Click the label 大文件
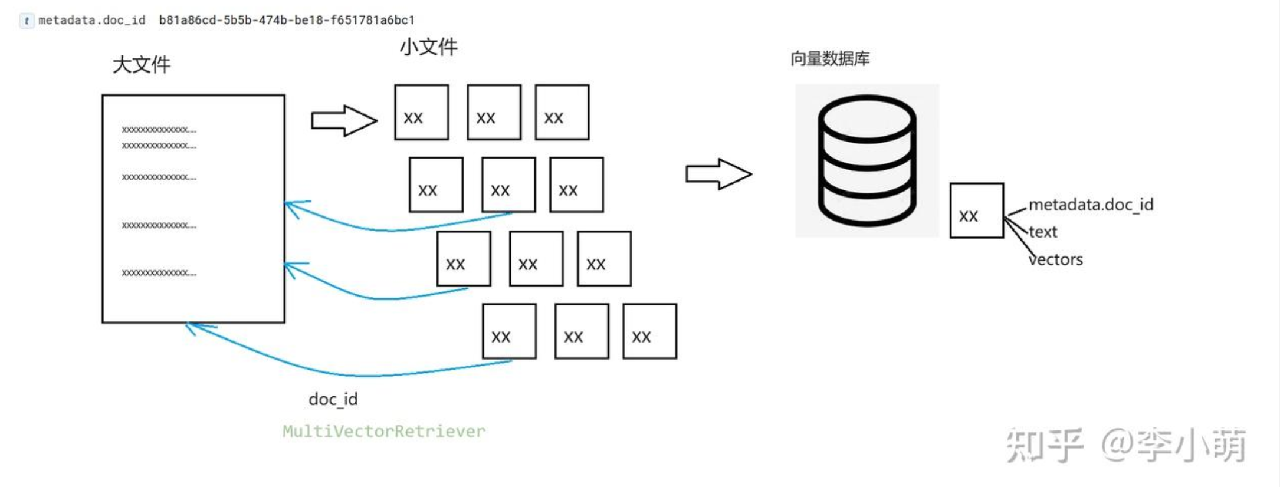click(141, 64)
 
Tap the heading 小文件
click(428, 47)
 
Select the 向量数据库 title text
click(829, 58)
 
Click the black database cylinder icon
click(867, 160)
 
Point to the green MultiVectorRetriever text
click(383, 431)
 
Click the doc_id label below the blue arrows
click(333, 399)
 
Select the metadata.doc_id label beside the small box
click(1091, 205)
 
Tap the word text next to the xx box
click(1043, 232)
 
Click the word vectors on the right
click(1056, 259)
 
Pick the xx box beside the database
click(976, 210)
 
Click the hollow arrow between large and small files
click(344, 120)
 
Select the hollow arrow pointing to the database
click(718, 174)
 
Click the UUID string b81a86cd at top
click(287, 20)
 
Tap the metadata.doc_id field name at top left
click(91, 20)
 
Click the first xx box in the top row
click(421, 112)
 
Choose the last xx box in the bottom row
click(649, 331)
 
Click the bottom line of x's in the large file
click(159, 273)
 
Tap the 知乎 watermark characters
click(1045, 445)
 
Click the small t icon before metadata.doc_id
click(26, 21)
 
